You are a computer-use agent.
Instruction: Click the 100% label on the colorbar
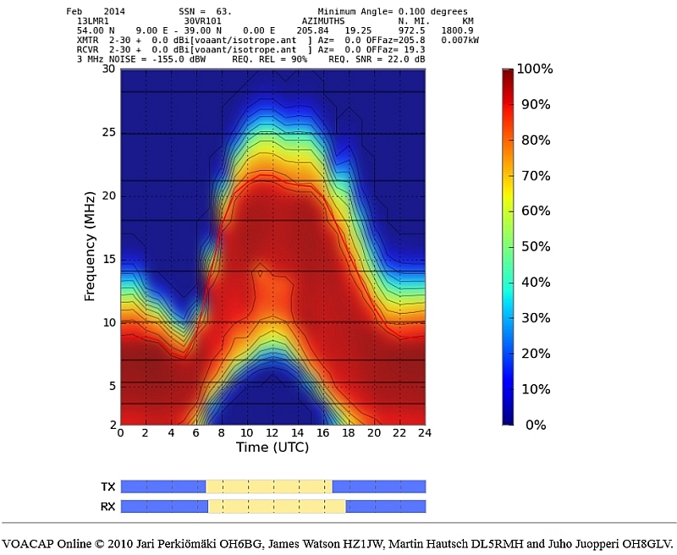(534, 69)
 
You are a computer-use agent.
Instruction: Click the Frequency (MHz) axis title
(89, 246)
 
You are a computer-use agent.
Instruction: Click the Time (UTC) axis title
(272, 447)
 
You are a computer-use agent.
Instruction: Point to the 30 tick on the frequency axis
(108, 69)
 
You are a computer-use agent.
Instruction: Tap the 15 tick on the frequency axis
(108, 259)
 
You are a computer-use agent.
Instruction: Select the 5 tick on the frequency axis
(111, 386)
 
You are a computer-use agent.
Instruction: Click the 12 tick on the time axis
(272, 432)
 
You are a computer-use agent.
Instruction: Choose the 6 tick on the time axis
(196, 432)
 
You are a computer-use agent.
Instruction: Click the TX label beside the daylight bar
(108, 486)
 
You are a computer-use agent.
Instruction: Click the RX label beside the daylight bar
(108, 507)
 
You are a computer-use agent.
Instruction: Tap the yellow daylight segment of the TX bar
(268, 486)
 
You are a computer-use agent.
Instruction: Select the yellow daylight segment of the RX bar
(277, 507)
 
